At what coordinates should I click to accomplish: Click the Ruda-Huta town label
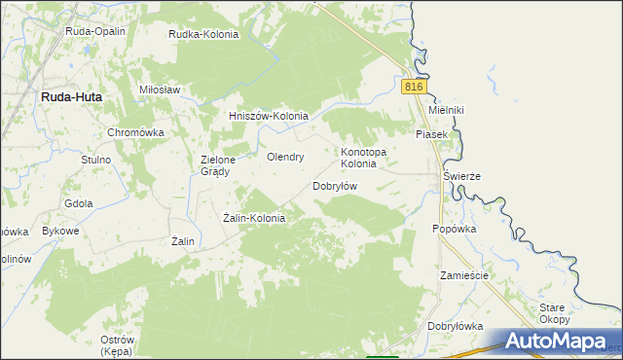click(71, 97)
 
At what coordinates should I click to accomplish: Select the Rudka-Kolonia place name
click(203, 34)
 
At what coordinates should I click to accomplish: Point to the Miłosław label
click(161, 90)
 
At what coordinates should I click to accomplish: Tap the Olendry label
click(286, 156)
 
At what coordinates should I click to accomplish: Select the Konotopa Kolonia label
click(364, 158)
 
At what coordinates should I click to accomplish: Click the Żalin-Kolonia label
click(254, 218)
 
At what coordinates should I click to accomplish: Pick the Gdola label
click(78, 203)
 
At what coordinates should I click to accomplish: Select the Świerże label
click(462, 176)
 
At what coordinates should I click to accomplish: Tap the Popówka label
click(454, 230)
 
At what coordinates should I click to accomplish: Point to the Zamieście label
click(462, 275)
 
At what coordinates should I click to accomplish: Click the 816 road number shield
click(414, 87)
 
